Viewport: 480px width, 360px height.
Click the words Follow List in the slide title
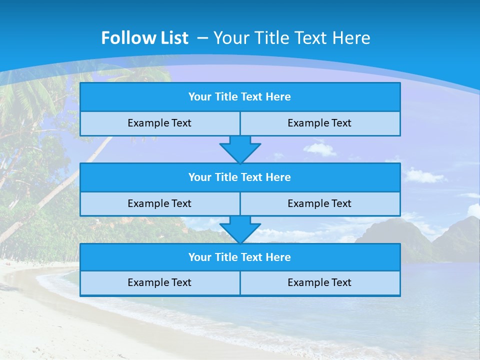(144, 38)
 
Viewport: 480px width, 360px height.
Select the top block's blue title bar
(240, 97)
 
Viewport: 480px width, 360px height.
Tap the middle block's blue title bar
(240, 177)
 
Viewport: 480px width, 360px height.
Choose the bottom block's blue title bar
(240, 257)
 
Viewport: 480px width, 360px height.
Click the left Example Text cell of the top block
(159, 123)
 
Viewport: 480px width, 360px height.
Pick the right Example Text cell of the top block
(319, 123)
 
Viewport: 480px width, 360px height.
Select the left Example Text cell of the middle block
(159, 203)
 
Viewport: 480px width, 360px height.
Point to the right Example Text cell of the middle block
(319, 203)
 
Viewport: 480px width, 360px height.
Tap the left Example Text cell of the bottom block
(159, 282)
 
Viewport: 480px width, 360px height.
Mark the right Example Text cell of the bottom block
(319, 282)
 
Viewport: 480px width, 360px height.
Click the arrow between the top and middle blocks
(240, 149)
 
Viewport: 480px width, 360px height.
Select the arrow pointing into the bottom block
(240, 229)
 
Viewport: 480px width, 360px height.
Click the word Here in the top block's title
(278, 97)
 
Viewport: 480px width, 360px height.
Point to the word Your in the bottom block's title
(199, 257)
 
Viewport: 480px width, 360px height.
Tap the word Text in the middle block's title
(252, 177)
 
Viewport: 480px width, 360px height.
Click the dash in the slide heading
(203, 38)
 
